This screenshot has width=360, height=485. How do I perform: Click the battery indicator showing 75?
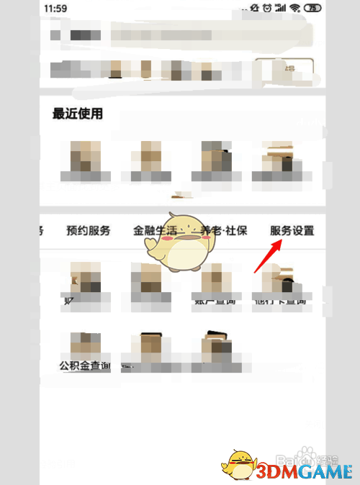click(313, 8)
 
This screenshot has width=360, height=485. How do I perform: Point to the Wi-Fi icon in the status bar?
click(295, 8)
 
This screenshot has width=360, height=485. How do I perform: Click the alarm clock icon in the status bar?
click(266, 8)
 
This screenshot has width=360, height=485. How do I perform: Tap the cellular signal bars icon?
click(281, 8)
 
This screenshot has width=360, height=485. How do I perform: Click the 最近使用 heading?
click(78, 114)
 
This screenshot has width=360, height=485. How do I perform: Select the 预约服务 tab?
click(89, 231)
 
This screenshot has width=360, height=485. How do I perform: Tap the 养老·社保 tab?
click(225, 231)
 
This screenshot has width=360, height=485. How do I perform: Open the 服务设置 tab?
click(292, 231)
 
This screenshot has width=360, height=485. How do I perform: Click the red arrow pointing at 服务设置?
click(266, 258)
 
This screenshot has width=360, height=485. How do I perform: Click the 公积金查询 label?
click(85, 366)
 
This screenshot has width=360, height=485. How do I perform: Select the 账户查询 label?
click(214, 300)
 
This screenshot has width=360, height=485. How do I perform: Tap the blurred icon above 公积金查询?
click(85, 344)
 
